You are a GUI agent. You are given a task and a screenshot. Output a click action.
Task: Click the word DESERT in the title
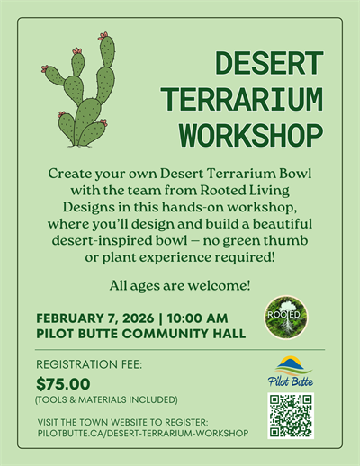click(x=269, y=64)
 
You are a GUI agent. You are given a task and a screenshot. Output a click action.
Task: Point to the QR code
click(x=291, y=415)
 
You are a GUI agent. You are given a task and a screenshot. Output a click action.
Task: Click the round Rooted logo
click(x=285, y=318)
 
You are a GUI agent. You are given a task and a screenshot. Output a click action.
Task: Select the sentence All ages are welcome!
click(x=180, y=286)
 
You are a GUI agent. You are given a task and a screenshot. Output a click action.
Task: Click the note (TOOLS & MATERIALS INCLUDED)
click(x=106, y=399)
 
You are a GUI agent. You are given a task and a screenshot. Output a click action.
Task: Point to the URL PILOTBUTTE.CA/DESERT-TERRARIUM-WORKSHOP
click(x=142, y=434)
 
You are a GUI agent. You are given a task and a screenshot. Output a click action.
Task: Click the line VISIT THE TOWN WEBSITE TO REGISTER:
click(x=122, y=421)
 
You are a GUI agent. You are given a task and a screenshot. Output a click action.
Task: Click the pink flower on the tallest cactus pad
click(x=104, y=36)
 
